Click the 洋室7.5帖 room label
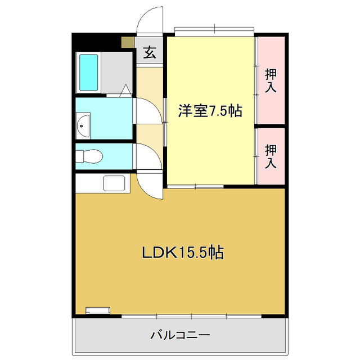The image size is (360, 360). (x=210, y=111)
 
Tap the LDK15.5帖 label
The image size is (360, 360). (x=182, y=253)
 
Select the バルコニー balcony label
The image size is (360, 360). (x=180, y=335)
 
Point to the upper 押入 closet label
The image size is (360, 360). (x=271, y=80)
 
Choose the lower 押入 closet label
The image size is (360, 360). (x=271, y=156)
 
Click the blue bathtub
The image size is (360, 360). (x=89, y=72)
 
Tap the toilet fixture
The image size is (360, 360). (x=89, y=157)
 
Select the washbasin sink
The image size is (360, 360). (x=84, y=125)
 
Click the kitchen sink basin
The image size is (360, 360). (x=115, y=183)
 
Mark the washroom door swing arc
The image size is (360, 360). (x=148, y=110)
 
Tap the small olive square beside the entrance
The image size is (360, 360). (x=128, y=42)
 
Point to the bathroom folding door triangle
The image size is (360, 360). (x=125, y=89)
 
